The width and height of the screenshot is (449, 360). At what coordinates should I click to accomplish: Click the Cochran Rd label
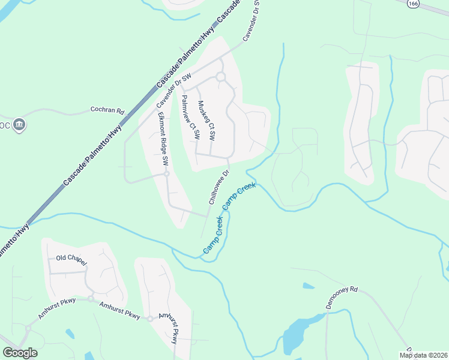coord(107,110)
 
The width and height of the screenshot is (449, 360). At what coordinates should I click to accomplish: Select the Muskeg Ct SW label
coord(206,120)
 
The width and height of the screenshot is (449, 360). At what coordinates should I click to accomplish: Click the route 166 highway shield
coord(412,4)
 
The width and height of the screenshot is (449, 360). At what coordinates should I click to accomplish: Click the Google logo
coord(20,352)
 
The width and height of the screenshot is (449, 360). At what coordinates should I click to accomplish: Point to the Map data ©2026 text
coord(424,355)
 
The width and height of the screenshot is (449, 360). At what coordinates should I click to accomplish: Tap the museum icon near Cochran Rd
coord(19,124)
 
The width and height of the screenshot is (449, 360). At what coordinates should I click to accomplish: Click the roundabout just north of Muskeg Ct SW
coord(220,77)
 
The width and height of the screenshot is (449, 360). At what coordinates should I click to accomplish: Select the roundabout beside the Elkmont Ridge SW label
coord(167,174)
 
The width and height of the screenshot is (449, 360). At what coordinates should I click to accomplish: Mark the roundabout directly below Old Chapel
coord(91,298)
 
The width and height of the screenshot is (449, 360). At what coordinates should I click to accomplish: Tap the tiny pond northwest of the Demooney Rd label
coord(308,286)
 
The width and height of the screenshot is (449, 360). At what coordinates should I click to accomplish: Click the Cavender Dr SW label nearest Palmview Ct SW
coord(173,91)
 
